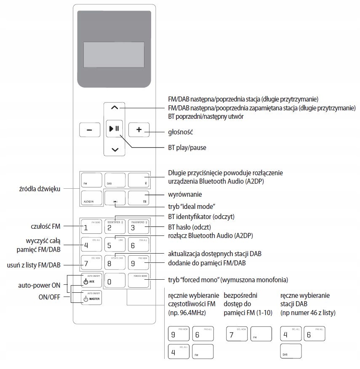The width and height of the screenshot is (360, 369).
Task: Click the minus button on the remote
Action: click(90, 130)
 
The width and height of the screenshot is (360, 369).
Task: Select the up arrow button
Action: click(115, 108)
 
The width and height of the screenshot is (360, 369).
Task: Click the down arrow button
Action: click(115, 149)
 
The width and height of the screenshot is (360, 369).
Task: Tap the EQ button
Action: click(139, 198)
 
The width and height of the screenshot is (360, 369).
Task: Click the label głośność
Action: click(180, 131)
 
